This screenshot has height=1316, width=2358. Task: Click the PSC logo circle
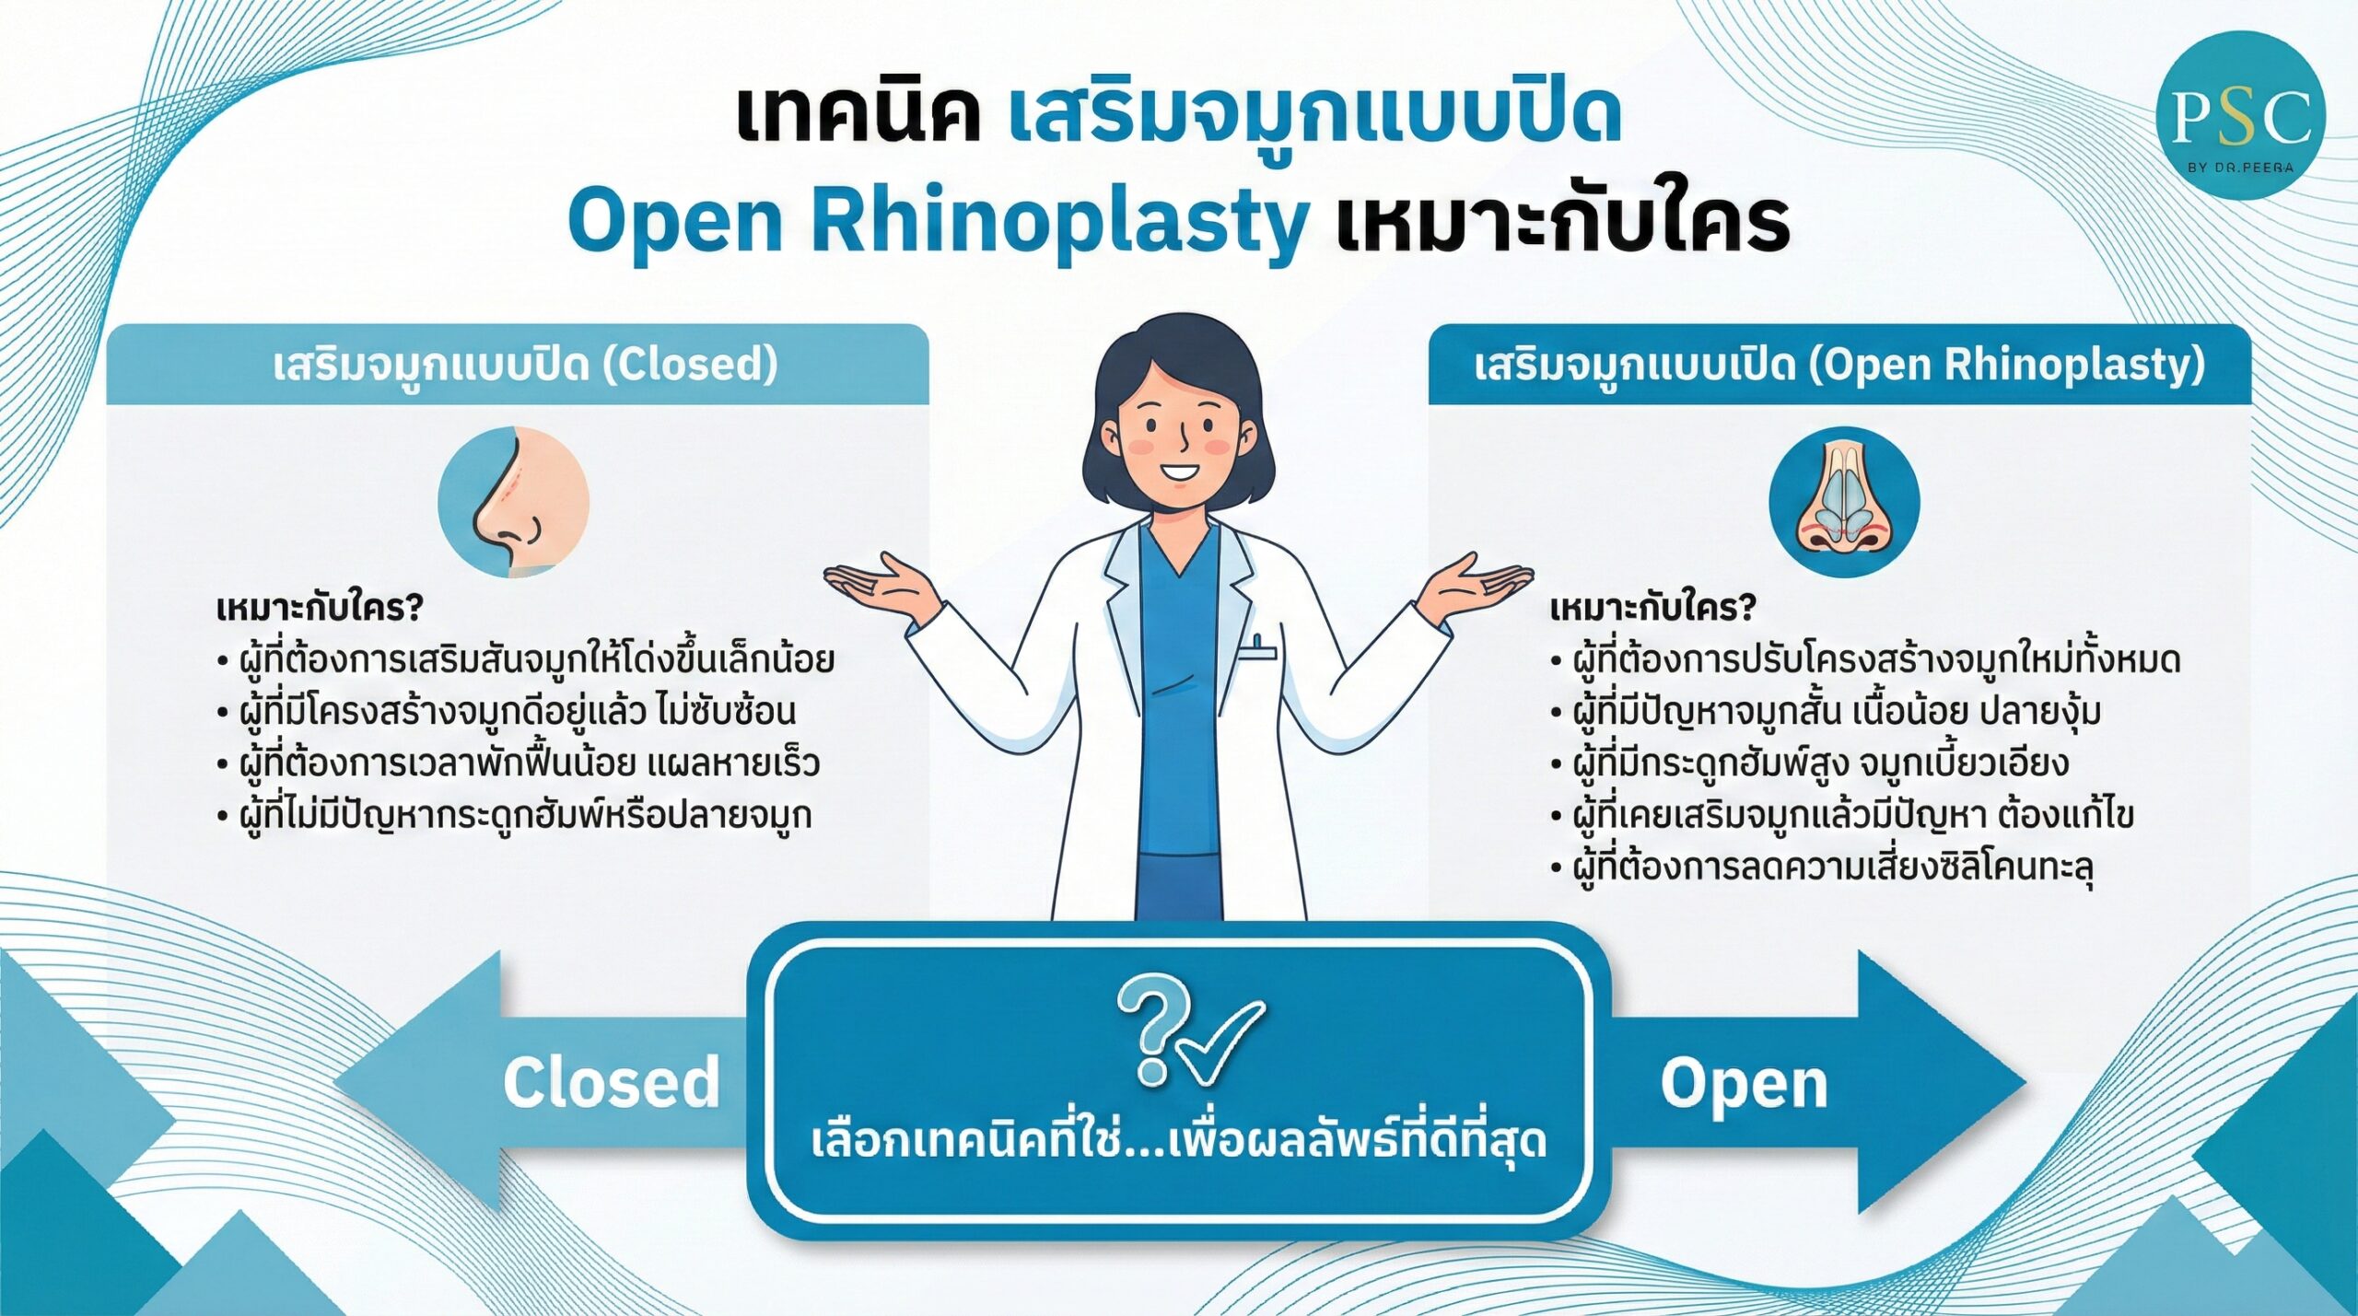pos(2240,115)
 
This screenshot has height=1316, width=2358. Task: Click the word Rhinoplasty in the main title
pos(1058,221)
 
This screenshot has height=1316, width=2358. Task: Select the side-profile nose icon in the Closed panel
pos(513,502)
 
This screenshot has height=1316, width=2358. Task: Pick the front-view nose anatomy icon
pos(1844,502)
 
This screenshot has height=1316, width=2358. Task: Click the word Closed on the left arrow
pos(612,1082)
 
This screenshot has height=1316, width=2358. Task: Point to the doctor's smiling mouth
pos(1179,472)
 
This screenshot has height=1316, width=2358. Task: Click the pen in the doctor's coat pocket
pos(1257,644)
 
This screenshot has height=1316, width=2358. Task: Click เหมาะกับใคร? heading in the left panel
pos(320,609)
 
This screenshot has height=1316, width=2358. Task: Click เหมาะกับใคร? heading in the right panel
pos(1652,609)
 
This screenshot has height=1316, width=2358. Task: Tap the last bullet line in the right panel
pos(1822,867)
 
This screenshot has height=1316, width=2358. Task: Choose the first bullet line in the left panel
pos(526,659)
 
